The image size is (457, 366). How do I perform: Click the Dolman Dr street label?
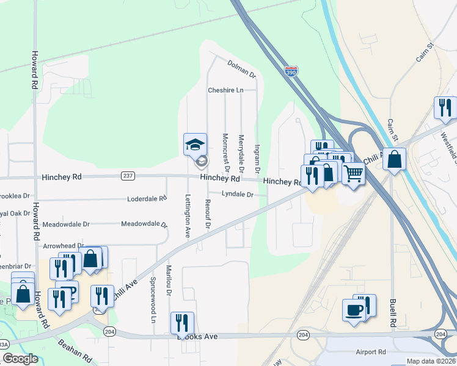pos(241,68)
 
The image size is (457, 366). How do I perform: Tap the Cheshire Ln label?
pos(225,90)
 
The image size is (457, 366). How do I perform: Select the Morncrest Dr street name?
pos(225,152)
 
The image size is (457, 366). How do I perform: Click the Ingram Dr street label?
pos(257,157)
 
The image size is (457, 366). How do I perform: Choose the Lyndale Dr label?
pos(237,194)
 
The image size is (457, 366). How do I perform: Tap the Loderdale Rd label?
pos(147,199)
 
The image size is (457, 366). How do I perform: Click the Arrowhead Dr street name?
pos(64,245)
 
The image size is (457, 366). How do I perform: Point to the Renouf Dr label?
pos(208,215)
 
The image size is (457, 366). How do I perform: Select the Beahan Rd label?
pos(75,351)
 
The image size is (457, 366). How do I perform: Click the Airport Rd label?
pos(373,352)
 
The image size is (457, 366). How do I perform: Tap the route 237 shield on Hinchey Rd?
pos(128,176)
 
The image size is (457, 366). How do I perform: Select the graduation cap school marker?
pos(195,145)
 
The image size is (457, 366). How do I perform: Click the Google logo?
pos(20,359)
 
